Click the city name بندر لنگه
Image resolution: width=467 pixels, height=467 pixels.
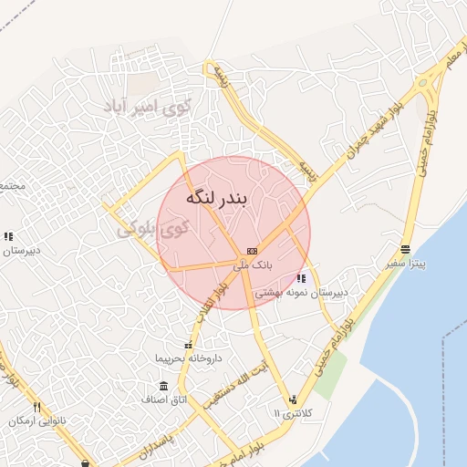(217, 198)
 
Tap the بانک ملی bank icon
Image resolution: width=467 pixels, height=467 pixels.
(252, 251)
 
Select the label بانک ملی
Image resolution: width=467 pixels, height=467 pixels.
(253, 265)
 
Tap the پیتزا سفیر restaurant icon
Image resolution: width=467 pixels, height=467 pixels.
(405, 249)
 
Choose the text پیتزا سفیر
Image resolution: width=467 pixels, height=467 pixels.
(405, 264)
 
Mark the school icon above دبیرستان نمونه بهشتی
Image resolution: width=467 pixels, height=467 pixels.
(301, 279)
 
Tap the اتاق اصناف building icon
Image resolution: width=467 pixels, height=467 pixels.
(163, 386)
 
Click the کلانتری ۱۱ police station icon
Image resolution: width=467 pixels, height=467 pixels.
(293, 400)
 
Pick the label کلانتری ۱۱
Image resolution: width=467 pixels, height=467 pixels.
(293, 414)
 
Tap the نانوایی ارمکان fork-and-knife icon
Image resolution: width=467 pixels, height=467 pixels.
(37, 407)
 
